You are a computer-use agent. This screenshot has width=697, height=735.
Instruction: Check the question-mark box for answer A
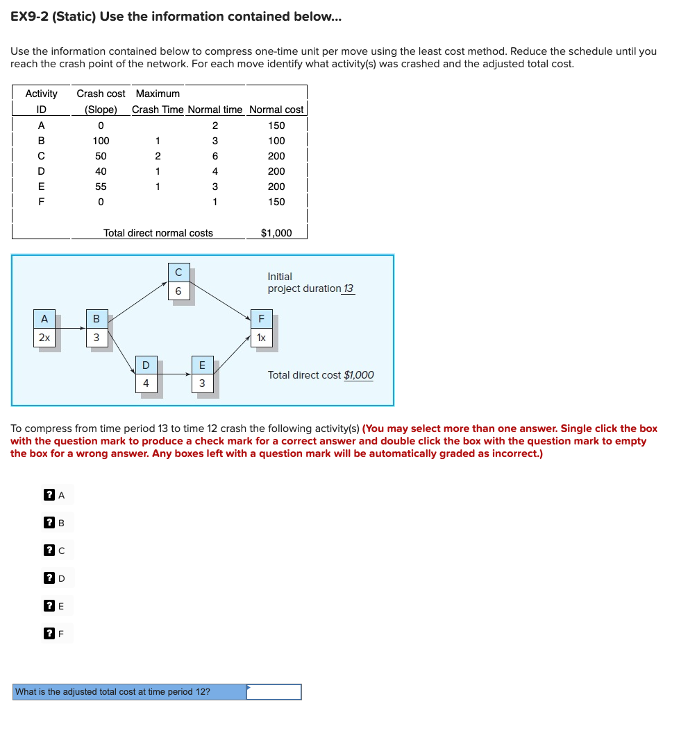tap(49, 495)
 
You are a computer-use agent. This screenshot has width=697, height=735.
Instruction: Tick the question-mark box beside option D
tap(49, 578)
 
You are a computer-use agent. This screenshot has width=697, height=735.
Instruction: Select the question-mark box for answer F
tap(49, 633)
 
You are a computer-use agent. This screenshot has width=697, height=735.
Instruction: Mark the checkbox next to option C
tap(49, 551)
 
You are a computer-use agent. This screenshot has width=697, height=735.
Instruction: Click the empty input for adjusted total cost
tap(274, 692)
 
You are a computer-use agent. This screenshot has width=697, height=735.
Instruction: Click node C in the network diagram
tap(178, 282)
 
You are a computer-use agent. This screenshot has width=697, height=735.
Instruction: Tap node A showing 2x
tap(44, 329)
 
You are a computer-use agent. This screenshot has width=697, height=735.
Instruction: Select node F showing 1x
tap(261, 329)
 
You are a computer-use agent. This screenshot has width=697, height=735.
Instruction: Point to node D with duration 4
tap(146, 374)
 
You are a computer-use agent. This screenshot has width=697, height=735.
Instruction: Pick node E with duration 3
tap(202, 374)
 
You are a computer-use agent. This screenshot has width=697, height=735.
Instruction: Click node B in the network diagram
tap(96, 329)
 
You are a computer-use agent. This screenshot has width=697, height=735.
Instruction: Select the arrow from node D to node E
tap(174, 374)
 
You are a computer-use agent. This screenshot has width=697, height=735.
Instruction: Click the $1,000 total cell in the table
tap(276, 233)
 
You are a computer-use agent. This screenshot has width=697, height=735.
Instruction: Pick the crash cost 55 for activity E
tap(101, 187)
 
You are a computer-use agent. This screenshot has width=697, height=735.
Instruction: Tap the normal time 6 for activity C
tap(215, 156)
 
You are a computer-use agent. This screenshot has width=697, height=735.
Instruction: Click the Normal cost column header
tap(276, 110)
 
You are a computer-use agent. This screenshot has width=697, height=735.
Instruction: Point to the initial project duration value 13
tap(348, 288)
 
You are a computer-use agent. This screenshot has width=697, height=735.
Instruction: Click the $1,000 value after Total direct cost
tap(359, 375)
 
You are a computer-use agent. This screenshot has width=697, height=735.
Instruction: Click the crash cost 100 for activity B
tap(101, 141)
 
